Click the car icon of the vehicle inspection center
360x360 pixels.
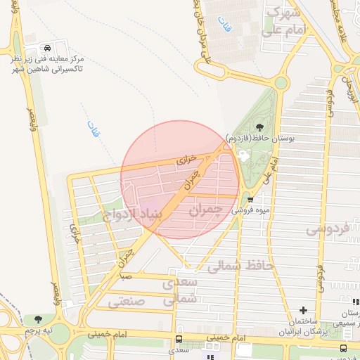click(x=46, y=48)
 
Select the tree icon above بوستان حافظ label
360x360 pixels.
click(x=260, y=127)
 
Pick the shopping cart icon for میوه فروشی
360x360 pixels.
click(x=250, y=199)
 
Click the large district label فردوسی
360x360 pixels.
click(x=328, y=229)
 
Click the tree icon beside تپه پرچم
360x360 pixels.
click(x=38, y=320)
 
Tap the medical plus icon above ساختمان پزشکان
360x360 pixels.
click(x=303, y=310)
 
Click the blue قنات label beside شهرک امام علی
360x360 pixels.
click(x=225, y=29)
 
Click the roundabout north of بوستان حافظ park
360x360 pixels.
click(x=281, y=82)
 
